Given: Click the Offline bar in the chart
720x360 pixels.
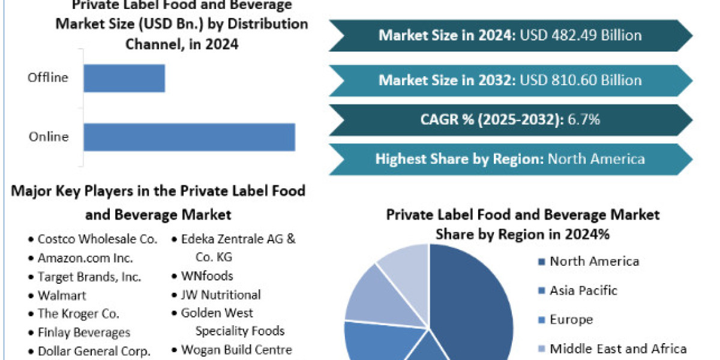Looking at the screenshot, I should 124,78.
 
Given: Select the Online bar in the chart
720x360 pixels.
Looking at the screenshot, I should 189,137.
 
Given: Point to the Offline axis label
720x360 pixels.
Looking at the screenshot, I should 48,77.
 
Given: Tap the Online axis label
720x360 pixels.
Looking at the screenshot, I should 49,137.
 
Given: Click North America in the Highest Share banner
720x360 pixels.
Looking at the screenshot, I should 596,159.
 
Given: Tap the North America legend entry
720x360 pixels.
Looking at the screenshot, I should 594,261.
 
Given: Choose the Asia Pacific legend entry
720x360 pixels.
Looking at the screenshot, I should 583,290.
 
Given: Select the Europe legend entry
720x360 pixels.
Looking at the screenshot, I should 571,320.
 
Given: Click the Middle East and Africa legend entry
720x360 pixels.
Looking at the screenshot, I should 618,349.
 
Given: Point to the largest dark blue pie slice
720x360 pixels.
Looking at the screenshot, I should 474,300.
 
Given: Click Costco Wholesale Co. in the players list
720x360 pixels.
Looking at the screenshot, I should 97,239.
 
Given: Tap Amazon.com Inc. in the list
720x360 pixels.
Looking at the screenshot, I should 85,258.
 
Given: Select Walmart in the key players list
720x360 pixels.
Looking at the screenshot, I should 62,295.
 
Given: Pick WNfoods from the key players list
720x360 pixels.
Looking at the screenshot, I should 207,276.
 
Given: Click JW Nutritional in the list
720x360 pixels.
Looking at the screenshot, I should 221,295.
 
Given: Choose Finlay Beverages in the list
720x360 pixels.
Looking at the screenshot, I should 83,332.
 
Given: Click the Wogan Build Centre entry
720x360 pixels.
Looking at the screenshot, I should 236,350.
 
